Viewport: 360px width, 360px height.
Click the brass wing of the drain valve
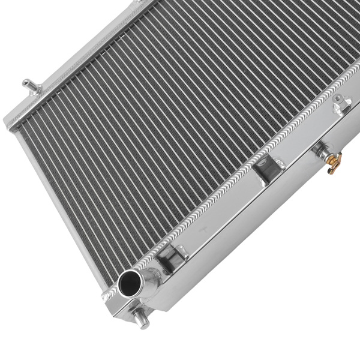pos(335,163)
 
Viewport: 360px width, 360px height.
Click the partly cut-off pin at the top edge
pos(142,3)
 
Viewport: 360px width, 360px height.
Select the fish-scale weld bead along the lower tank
pos(240,180)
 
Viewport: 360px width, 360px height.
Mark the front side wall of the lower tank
pos(252,240)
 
